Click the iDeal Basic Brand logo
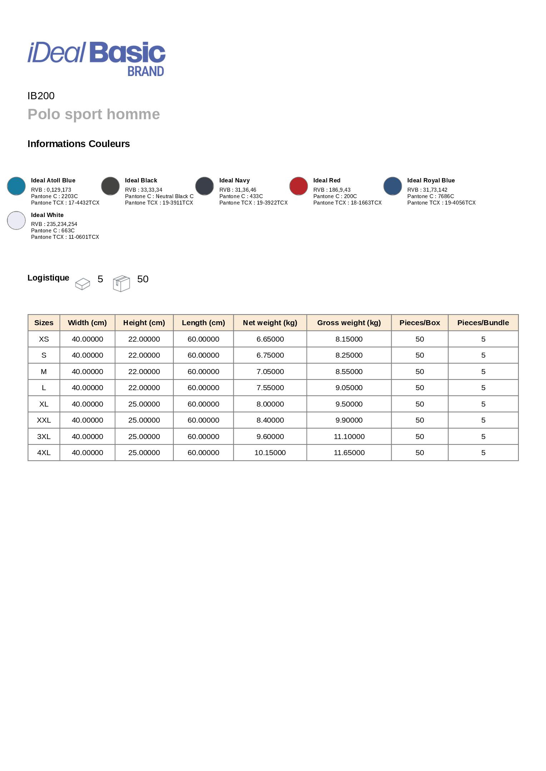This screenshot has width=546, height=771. click(96, 58)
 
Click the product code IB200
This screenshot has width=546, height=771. click(41, 96)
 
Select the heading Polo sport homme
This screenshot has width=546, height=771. click(94, 115)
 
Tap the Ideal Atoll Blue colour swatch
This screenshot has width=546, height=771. click(16, 186)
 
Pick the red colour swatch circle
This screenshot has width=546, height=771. click(298, 186)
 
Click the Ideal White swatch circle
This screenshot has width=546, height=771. click(16, 220)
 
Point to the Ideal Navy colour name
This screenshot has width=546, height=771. click(234, 181)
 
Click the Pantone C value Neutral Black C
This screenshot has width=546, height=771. click(174, 196)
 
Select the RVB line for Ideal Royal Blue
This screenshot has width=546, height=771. click(427, 190)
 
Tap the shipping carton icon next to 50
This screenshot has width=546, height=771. click(121, 283)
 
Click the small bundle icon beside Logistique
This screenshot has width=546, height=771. click(83, 284)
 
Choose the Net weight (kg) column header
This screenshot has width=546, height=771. click(270, 323)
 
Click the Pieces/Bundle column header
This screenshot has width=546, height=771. click(483, 323)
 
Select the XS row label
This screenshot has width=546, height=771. click(44, 339)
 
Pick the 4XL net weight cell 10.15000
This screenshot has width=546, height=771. click(270, 453)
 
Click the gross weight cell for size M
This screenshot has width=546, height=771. click(349, 372)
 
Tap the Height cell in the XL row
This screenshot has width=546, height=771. click(144, 404)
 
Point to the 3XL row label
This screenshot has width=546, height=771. click(44, 437)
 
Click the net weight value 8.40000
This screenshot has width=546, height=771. click(270, 420)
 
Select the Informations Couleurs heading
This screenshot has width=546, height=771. click(79, 144)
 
